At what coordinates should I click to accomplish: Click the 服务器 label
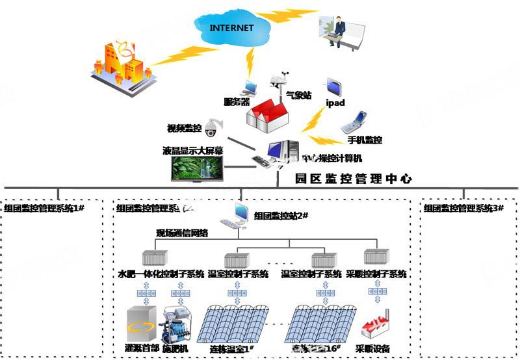click(x=237, y=101)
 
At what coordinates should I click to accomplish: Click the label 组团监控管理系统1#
click(x=45, y=208)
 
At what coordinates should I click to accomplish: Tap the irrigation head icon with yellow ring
click(x=142, y=325)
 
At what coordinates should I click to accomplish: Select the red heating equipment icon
click(x=378, y=323)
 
